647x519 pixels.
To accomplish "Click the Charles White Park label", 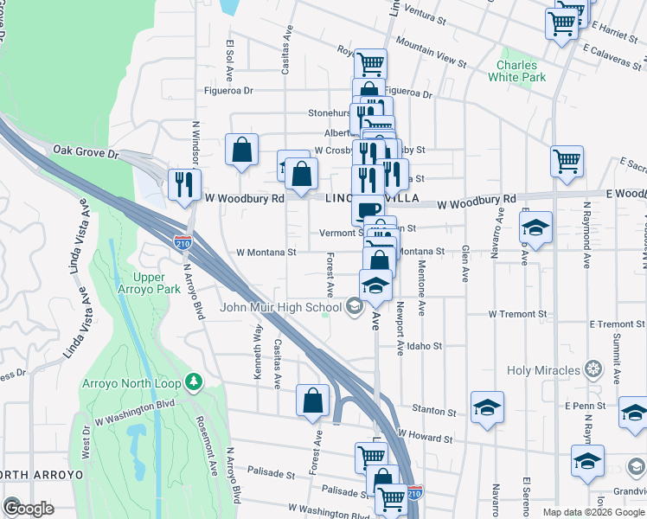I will (x=522, y=71).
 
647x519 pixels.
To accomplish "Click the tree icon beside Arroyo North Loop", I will (x=195, y=381).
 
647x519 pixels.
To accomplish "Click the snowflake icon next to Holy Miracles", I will (x=593, y=370).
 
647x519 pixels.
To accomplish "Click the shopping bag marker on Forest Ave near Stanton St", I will (x=312, y=400).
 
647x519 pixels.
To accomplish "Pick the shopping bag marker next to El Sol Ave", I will (x=242, y=148).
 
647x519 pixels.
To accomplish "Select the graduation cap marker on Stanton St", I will (x=488, y=407).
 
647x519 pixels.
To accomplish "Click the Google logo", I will (x=29, y=508).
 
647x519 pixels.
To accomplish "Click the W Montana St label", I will (x=267, y=253).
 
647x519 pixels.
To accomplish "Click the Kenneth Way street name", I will (x=258, y=351).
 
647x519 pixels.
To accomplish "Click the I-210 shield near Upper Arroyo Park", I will (x=183, y=242).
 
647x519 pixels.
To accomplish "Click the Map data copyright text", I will (x=593, y=511).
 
